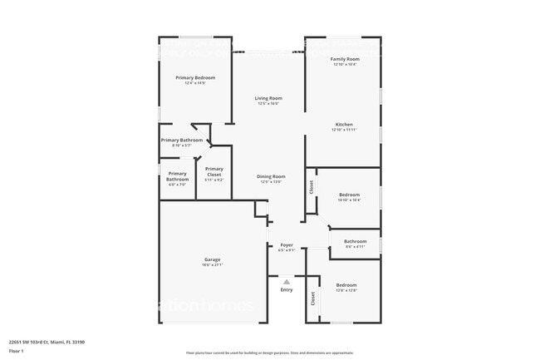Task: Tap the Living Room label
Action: click(x=268, y=98)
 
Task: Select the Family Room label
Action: click(x=344, y=59)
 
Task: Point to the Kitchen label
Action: click(x=344, y=125)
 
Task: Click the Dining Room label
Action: click(x=272, y=175)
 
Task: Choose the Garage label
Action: click(x=213, y=259)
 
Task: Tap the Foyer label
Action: click(x=287, y=244)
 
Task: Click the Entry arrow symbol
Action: click(x=287, y=282)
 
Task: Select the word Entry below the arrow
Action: click(x=287, y=290)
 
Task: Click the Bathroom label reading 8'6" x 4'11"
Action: click(x=355, y=241)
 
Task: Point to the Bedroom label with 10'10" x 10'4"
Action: click(x=349, y=195)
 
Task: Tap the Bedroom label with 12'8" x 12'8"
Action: click(x=346, y=285)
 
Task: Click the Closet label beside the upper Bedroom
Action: click(x=312, y=188)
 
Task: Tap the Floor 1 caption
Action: click(x=17, y=352)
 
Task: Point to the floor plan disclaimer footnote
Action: click(x=269, y=353)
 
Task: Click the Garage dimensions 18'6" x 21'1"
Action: click(x=213, y=264)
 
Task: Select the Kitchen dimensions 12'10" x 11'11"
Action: click(x=344, y=130)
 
